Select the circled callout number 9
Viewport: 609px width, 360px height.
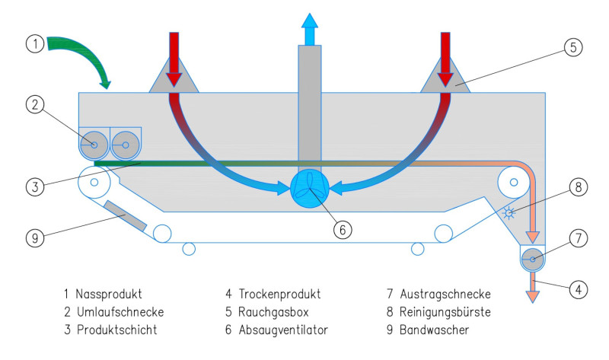(x=34, y=238)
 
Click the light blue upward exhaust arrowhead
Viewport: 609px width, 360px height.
(x=309, y=21)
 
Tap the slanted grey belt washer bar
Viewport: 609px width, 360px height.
(x=125, y=215)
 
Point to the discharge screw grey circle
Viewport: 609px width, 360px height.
(x=533, y=259)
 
